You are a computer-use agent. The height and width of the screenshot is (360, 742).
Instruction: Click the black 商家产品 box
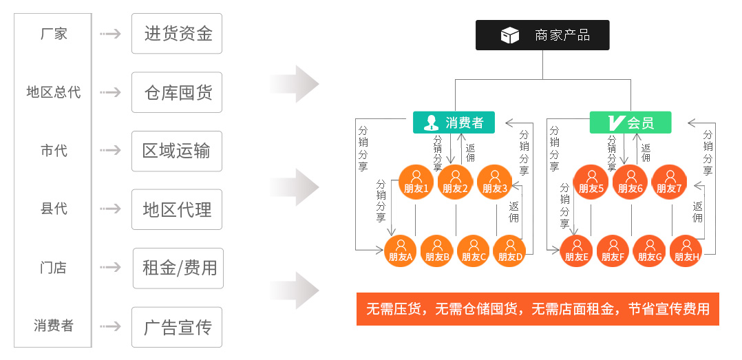click(x=542, y=35)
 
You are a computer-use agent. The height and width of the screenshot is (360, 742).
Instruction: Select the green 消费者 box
click(x=454, y=123)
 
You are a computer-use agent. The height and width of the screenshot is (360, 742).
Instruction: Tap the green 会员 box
click(x=630, y=123)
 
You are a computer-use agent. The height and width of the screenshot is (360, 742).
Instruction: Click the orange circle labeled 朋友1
click(x=416, y=182)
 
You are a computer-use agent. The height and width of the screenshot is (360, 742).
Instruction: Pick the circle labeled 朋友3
click(x=494, y=182)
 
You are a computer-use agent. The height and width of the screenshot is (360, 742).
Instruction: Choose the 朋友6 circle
click(x=630, y=182)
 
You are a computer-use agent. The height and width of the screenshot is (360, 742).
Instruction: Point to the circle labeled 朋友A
click(x=400, y=252)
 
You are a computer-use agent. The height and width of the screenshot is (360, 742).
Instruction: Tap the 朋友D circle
click(x=510, y=252)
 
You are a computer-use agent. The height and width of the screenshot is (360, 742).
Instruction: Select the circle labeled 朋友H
click(x=686, y=252)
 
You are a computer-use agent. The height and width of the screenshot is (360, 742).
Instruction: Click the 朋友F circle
click(x=613, y=252)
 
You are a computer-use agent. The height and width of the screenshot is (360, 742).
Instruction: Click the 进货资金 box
click(x=177, y=33)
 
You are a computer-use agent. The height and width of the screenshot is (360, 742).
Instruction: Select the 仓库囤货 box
click(x=177, y=92)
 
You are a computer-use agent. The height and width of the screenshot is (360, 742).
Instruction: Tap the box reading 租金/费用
click(x=178, y=268)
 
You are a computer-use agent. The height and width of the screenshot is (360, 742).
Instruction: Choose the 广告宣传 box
click(x=177, y=327)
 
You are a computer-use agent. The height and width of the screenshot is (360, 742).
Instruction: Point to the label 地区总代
click(x=53, y=92)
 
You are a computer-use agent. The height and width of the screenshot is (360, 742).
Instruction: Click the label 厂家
click(x=53, y=34)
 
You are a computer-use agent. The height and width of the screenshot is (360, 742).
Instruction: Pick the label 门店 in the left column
click(x=53, y=268)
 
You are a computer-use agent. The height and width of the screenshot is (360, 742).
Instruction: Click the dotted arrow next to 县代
click(x=110, y=209)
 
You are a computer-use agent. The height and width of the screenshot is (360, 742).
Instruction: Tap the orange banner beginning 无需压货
click(x=538, y=309)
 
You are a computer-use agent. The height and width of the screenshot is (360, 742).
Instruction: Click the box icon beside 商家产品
click(x=510, y=36)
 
